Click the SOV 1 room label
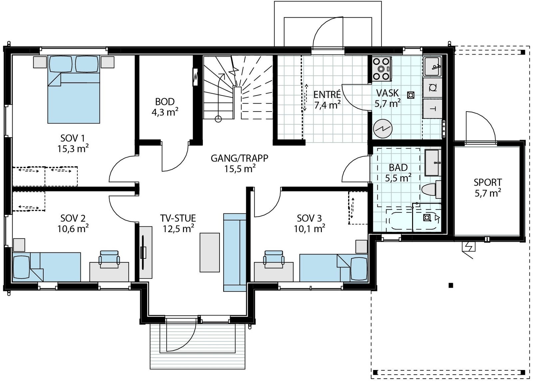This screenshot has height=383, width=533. (73, 138)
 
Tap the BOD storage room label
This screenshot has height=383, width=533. (165, 102)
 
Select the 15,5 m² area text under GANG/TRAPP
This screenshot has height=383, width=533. (240, 169)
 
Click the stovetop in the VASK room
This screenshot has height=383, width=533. (382, 69)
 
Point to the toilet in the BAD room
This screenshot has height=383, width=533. (431, 190)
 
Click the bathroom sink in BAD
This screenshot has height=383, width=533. (433, 163)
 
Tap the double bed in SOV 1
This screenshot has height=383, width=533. (74, 89)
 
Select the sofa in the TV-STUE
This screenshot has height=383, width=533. (235, 252)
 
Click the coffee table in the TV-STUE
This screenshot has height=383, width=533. (210, 252)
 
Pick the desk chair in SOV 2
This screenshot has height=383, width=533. (109, 259)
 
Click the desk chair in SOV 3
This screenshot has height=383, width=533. (273, 259)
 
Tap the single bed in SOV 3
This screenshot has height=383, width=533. (333, 268)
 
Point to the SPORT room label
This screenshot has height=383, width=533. (488, 183)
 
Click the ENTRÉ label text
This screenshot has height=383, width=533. (327, 95)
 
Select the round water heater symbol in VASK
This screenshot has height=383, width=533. (383, 128)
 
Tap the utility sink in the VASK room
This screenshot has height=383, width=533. (433, 66)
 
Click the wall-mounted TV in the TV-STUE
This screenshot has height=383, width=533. (143, 253)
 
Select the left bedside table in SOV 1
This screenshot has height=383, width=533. (40, 62)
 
